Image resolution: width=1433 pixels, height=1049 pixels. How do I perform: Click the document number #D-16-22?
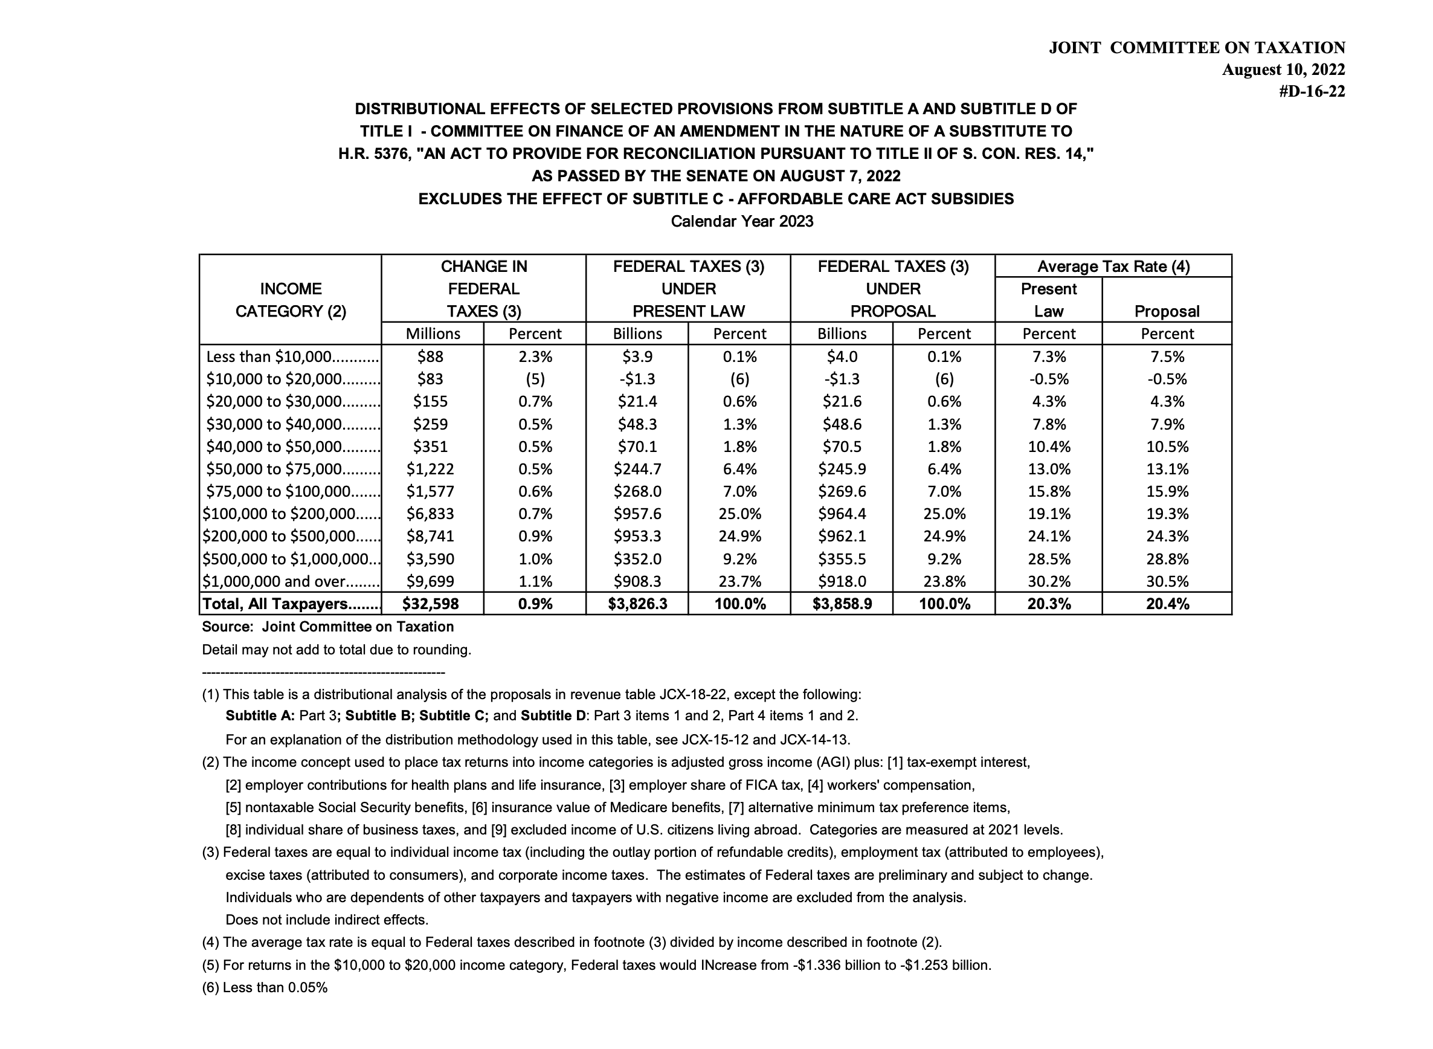point(1311,91)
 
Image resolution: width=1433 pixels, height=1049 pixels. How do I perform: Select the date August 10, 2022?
point(1283,69)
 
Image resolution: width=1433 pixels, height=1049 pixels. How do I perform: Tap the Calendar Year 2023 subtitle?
point(742,222)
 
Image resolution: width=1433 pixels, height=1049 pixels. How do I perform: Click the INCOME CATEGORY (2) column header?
point(291,300)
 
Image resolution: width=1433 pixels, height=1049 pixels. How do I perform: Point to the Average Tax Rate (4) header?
point(1113,266)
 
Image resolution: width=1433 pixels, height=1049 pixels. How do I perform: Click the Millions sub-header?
point(433,334)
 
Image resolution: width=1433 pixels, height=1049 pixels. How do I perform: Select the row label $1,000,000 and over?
point(274,581)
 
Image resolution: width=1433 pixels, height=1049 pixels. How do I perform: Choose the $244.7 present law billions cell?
point(637,470)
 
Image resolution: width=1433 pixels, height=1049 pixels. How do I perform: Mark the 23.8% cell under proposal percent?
point(944,581)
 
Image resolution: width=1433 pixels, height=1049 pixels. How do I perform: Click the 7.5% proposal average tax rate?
point(1167,357)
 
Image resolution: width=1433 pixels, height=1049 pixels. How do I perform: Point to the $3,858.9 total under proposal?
point(842,604)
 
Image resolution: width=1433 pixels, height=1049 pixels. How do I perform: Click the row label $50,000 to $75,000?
point(275,470)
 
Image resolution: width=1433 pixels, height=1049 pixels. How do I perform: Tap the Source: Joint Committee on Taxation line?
point(327,627)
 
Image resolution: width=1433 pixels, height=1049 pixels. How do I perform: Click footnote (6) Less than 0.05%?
point(265,987)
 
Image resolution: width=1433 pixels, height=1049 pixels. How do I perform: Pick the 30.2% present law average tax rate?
point(1049,581)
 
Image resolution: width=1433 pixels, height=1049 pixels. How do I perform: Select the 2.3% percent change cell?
point(535,357)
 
